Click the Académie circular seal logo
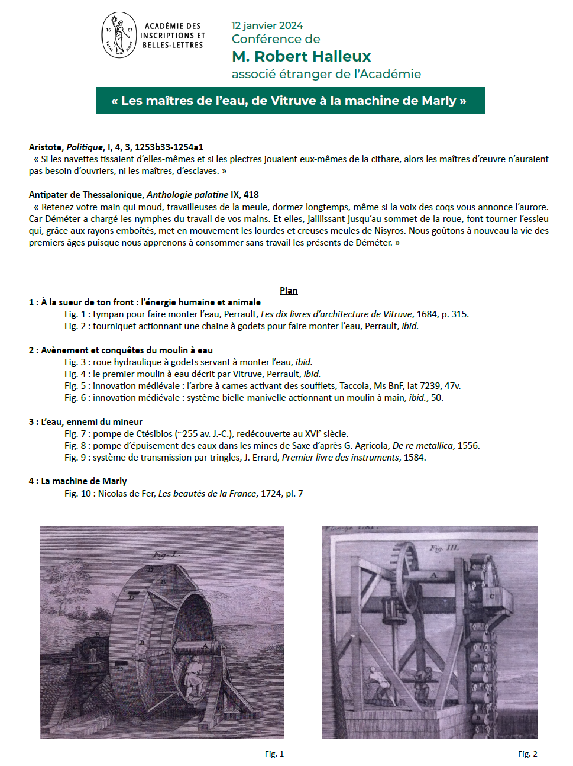point(119,35)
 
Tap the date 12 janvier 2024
point(267,25)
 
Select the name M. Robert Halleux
point(301,56)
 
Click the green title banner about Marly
point(290,101)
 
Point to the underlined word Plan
point(289,290)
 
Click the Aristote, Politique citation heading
point(116,147)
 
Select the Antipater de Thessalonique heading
point(144,194)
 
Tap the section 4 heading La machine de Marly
point(77,481)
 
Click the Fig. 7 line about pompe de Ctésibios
point(206,433)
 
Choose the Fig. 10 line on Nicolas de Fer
point(183,493)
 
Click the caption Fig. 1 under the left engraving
point(274,754)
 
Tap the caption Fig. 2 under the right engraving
point(527,754)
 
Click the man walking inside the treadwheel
point(192,678)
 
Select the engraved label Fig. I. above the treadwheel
point(166,555)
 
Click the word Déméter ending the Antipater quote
point(374,242)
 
